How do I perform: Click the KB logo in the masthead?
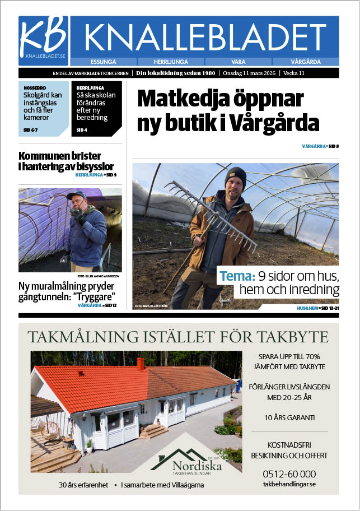(x=43, y=40)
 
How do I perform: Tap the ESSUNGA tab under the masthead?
(x=105, y=62)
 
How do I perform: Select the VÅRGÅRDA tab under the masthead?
(x=305, y=62)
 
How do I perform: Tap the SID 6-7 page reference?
(x=31, y=130)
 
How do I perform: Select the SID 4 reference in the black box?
(x=82, y=130)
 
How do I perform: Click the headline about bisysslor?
(x=66, y=161)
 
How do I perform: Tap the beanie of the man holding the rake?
(x=236, y=175)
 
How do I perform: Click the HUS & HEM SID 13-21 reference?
(x=317, y=309)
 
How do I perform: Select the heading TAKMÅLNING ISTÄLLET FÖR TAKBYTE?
(x=178, y=337)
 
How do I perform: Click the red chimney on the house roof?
(x=141, y=364)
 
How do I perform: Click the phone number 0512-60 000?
(x=289, y=473)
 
